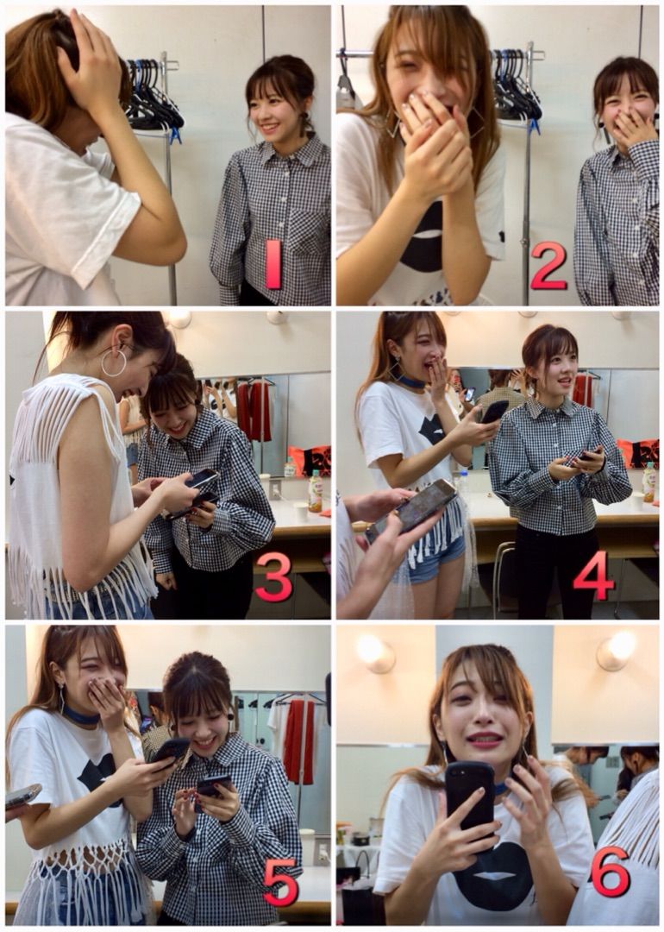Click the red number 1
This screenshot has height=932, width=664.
[273, 264]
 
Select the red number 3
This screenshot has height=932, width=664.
[274, 576]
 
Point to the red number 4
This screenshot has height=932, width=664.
[594, 576]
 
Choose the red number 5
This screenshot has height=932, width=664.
[281, 881]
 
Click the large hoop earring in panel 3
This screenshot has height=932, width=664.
[114, 362]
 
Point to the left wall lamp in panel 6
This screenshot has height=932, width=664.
[375, 653]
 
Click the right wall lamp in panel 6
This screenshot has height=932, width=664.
[617, 651]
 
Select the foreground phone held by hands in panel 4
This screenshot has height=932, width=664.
[411, 510]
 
